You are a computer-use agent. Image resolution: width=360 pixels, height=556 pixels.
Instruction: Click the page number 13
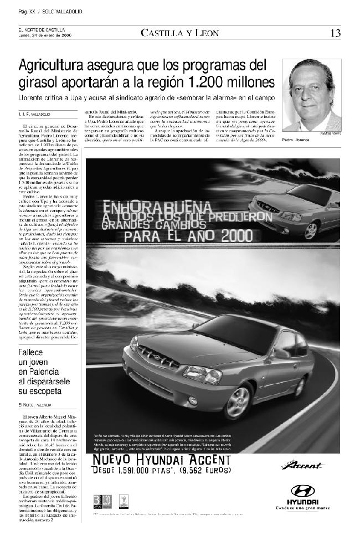(336, 33)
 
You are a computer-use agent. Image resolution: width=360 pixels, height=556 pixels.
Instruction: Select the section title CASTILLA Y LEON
(179, 33)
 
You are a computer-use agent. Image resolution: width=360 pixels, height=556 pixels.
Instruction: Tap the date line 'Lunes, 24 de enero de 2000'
(45, 35)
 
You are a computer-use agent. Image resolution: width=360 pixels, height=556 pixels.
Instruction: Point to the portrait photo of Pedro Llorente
(311, 95)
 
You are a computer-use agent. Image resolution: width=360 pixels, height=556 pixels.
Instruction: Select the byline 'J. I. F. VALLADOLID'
(34, 114)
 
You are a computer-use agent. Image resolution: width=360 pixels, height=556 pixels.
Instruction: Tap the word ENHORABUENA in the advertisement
(145, 207)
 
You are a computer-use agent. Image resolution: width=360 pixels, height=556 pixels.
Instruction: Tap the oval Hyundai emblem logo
(302, 490)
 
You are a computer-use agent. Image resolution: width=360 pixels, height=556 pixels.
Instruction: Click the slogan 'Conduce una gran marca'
(302, 508)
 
